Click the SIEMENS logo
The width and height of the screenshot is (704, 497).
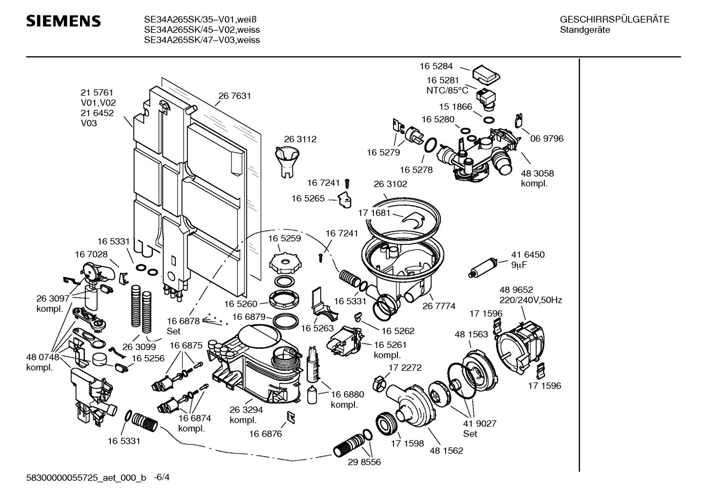(63, 21)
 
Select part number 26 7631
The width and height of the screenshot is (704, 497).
(235, 96)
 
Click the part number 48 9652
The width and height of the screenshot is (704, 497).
(516, 290)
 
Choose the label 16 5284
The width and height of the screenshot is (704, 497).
(436, 66)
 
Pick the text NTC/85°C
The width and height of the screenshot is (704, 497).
(447, 90)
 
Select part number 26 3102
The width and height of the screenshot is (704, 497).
(390, 184)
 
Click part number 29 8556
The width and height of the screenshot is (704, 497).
(364, 462)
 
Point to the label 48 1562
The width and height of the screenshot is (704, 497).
(446, 451)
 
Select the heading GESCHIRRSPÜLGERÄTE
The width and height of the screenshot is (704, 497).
(614, 20)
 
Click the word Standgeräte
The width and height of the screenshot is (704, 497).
(584, 30)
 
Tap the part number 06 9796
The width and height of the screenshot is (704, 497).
(547, 139)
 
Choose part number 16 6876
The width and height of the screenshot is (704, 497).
(265, 434)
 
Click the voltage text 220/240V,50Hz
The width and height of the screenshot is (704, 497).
(530, 300)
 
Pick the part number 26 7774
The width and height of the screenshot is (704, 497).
(439, 306)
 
